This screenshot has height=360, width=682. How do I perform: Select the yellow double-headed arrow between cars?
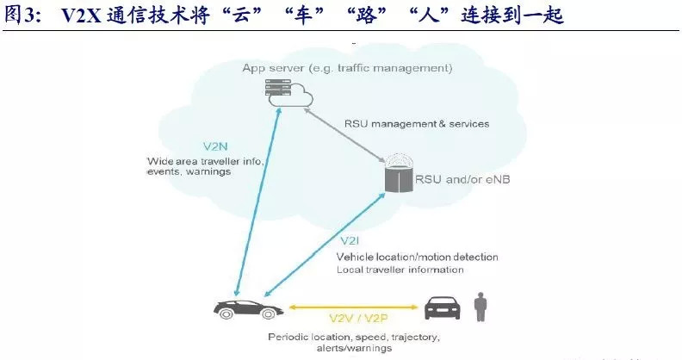pos(355,305)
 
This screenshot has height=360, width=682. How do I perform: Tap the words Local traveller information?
pos(400,270)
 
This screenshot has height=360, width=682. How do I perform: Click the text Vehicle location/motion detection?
pos(417,257)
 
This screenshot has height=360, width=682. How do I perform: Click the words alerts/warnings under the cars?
pos(317,349)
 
